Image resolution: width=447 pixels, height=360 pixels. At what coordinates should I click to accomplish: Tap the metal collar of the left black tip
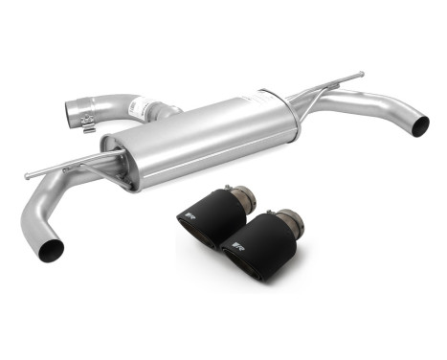coord(242,198)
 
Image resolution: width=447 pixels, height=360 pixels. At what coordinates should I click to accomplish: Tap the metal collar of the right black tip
coord(291,224)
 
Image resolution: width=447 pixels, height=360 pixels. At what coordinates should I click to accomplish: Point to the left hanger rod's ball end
coord(28,175)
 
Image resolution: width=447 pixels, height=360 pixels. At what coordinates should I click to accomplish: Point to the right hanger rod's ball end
coord(361,73)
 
